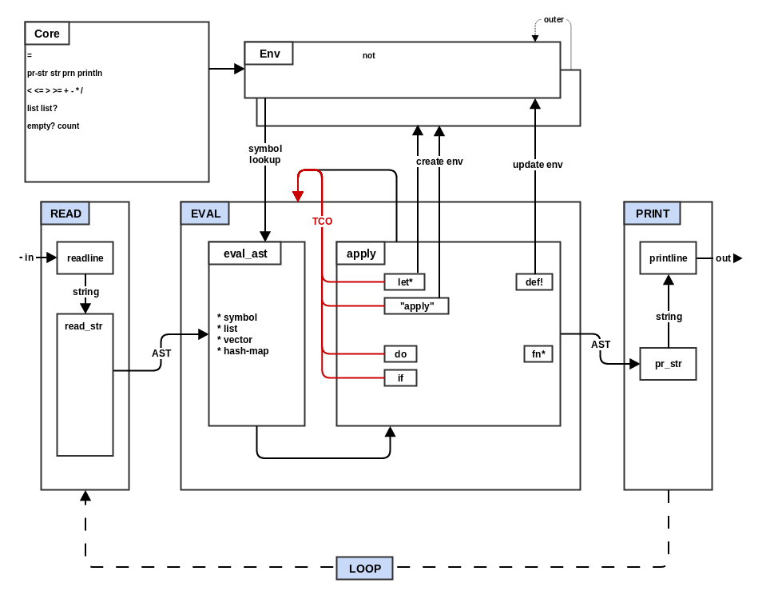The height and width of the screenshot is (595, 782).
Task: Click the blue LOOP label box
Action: click(364, 569)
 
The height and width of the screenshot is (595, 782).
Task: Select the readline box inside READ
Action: click(85, 258)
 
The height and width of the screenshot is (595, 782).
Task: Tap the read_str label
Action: click(84, 325)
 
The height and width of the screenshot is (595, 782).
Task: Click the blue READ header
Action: click(65, 214)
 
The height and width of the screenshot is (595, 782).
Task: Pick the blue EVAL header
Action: click(205, 214)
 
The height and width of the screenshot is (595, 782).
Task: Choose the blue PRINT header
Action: click(652, 214)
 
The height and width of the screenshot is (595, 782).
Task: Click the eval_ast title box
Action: click(245, 254)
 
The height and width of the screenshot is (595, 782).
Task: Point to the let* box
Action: click(404, 282)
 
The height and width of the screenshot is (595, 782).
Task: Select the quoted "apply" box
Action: click(416, 305)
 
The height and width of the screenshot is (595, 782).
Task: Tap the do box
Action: click(400, 353)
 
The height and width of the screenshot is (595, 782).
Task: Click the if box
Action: click(400, 377)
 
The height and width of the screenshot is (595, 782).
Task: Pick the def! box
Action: click(534, 282)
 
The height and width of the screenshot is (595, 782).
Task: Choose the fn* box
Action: click(538, 353)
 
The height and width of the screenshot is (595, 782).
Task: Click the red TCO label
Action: click(322, 221)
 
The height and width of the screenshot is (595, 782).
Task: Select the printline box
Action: click(668, 258)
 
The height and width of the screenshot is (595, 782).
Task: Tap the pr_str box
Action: click(668, 364)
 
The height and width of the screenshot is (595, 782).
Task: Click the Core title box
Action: click(47, 34)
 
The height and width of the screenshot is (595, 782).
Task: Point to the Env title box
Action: click(269, 54)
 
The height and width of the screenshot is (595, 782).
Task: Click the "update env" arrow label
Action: click(538, 165)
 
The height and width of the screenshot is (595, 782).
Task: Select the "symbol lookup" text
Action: click(264, 154)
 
